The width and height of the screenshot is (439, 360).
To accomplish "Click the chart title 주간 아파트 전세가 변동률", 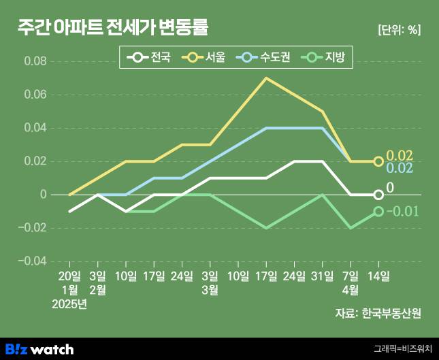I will point(113,28).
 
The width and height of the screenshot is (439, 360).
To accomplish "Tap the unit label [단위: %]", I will point(398,30).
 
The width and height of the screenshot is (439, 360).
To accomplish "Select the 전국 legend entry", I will point(152,58).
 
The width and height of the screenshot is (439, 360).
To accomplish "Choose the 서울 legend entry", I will point(207,58).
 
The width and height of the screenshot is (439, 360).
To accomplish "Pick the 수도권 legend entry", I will point(265,58).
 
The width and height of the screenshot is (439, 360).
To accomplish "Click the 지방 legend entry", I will point(326,58).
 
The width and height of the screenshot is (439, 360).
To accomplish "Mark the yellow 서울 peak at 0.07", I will point(265,78).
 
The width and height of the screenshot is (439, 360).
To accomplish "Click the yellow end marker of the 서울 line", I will point(378,161).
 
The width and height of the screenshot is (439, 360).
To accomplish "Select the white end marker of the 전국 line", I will point(378,195).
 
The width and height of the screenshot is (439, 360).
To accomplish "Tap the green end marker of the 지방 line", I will point(378,212).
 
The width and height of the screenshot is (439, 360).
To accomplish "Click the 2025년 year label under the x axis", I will point(69,303).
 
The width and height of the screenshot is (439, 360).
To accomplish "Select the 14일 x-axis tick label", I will point(378,276).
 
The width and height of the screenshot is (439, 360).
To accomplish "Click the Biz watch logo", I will point(39,348).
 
